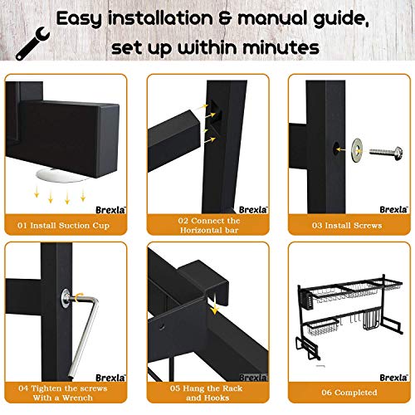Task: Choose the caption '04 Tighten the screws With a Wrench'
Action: tap(68, 393)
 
